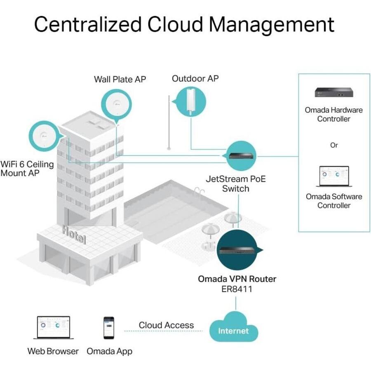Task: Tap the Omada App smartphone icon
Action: click(x=109, y=328)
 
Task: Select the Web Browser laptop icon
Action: click(x=54, y=328)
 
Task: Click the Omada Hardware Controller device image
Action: click(x=333, y=92)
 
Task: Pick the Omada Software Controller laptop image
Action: click(x=334, y=177)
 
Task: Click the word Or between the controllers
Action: click(x=334, y=145)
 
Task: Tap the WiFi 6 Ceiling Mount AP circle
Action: click(x=43, y=136)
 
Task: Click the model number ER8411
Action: click(x=237, y=289)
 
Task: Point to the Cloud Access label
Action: click(x=166, y=325)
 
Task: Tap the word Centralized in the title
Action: click(x=87, y=24)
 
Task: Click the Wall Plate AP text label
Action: click(x=120, y=79)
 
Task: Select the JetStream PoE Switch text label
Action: click(x=235, y=184)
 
